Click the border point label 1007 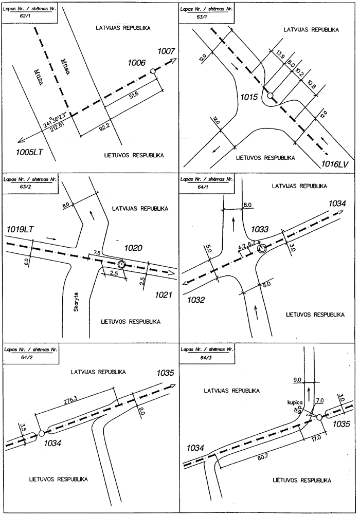pyautogui.click(x=167, y=51)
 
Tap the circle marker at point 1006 pyautogui.click(x=152, y=71)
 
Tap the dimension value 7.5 pyautogui.click(x=97, y=253)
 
